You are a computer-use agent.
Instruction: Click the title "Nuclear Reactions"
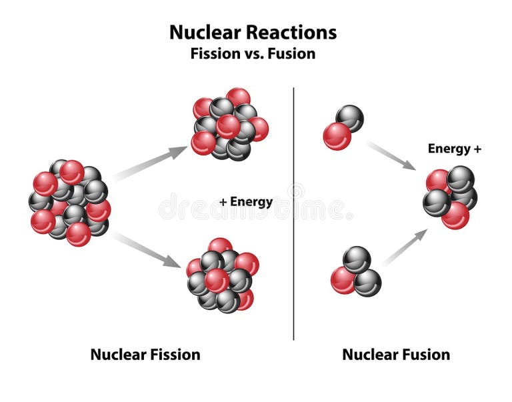pyautogui.click(x=253, y=32)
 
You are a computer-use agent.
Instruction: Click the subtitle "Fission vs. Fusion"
pyautogui.click(x=253, y=54)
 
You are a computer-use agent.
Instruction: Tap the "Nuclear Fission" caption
pyautogui.click(x=145, y=354)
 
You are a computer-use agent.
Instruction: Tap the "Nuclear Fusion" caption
pyautogui.click(x=395, y=354)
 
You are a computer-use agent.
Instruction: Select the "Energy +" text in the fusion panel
pyautogui.click(x=454, y=149)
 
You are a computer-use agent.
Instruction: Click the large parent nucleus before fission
pyautogui.click(x=69, y=201)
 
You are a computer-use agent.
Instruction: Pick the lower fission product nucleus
pyautogui.click(x=222, y=275)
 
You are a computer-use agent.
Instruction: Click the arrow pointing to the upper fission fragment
pyautogui.click(x=150, y=163)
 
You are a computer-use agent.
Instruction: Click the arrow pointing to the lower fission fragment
pyautogui.click(x=148, y=249)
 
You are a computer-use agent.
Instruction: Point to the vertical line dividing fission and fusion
pyautogui.click(x=294, y=213)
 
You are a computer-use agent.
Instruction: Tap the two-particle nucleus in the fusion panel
pyautogui.click(x=343, y=127)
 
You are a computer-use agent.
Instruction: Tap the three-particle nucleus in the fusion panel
pyautogui.click(x=355, y=271)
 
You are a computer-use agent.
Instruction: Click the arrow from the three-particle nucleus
pyautogui.click(x=405, y=247)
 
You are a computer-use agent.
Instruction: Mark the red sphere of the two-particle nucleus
pyautogui.click(x=337, y=136)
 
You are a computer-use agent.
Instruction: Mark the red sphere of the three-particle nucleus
pyautogui.click(x=343, y=280)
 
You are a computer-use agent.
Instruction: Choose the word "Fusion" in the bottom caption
pyautogui.click(x=423, y=354)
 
